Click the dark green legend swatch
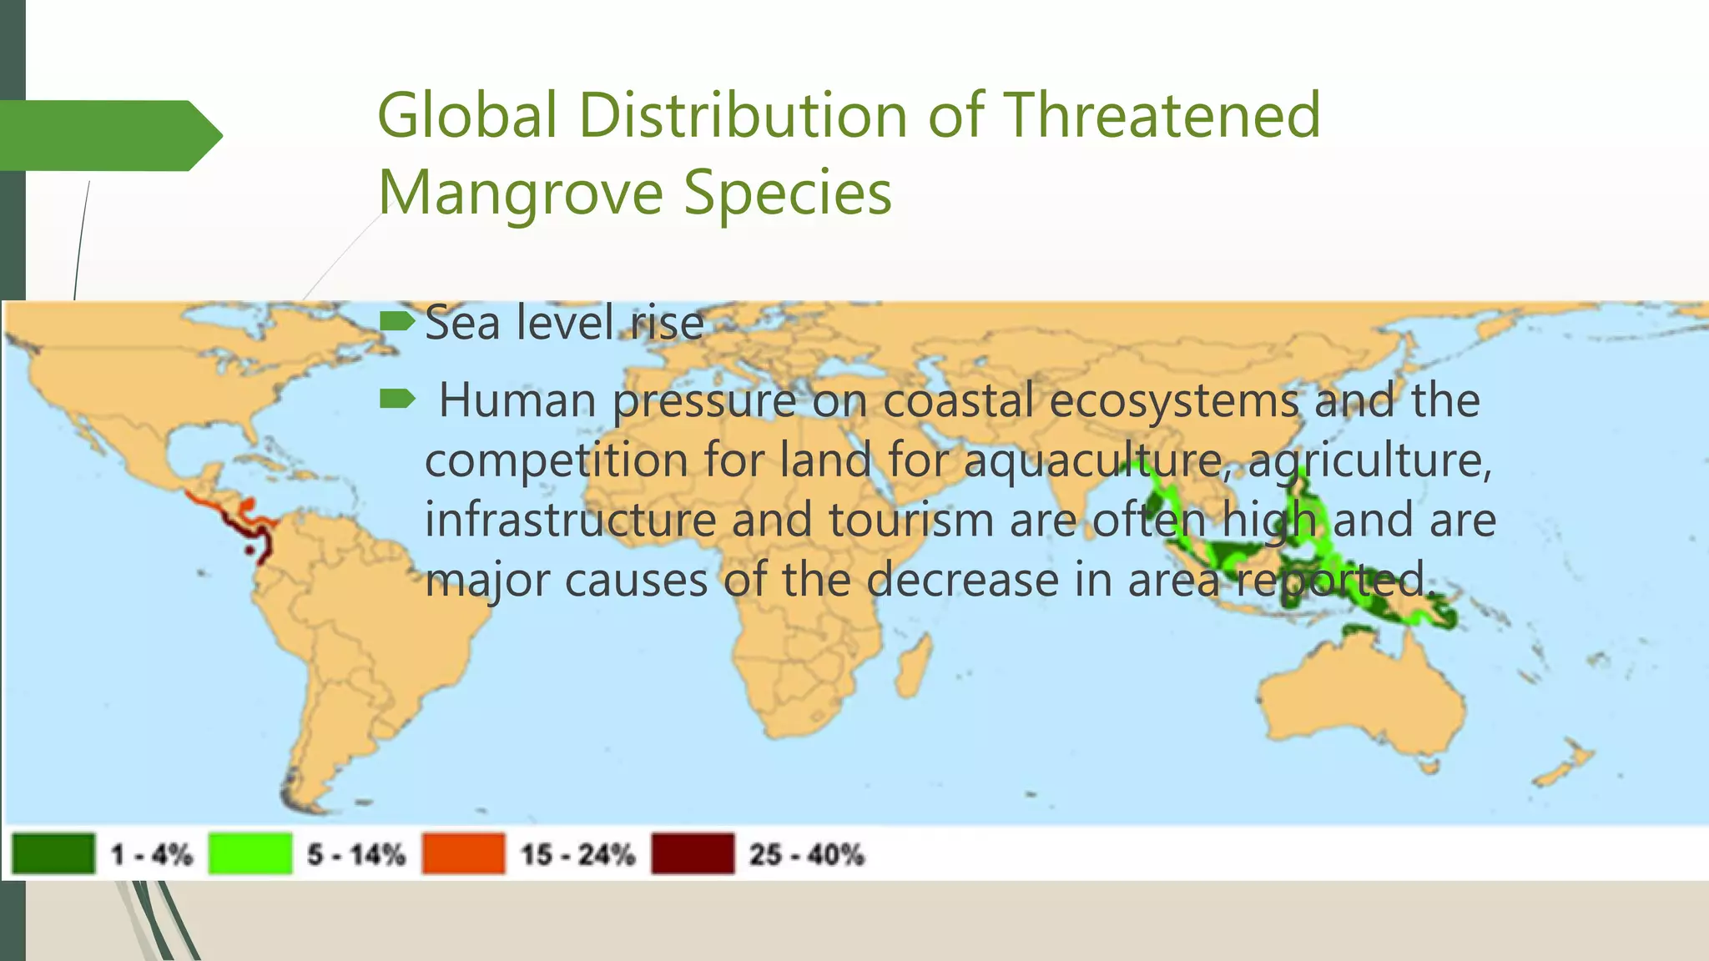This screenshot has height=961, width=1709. (53, 853)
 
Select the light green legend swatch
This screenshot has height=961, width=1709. (250, 853)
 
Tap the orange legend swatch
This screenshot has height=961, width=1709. (463, 853)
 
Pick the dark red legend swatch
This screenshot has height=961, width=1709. (693, 853)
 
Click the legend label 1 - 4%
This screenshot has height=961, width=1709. (152, 854)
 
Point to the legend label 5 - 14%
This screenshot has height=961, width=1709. (356, 854)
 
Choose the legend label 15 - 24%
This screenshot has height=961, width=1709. (577, 854)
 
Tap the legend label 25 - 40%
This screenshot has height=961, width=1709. (806, 854)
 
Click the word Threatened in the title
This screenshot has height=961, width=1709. (1162, 115)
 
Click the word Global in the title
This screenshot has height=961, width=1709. (467, 115)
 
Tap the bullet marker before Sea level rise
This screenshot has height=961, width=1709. (396, 321)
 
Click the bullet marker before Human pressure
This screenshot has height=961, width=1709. (396, 400)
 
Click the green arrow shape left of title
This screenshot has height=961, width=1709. (108, 135)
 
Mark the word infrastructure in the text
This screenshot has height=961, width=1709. (571, 520)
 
